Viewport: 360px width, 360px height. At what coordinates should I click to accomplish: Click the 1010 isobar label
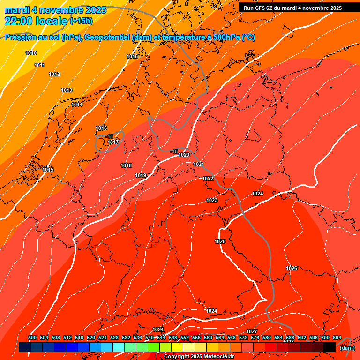click(x=31, y=53)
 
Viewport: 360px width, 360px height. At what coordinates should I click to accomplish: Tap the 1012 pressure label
click(x=54, y=75)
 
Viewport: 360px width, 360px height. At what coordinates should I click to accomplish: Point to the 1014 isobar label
click(x=77, y=105)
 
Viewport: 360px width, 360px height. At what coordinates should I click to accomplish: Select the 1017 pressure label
click(x=113, y=142)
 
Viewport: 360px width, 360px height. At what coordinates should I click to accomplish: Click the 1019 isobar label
click(x=141, y=175)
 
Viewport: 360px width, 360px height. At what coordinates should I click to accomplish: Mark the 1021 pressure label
click(x=199, y=164)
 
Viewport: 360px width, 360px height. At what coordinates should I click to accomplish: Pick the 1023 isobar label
click(x=212, y=200)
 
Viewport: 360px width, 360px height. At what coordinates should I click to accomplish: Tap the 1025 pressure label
click(x=220, y=241)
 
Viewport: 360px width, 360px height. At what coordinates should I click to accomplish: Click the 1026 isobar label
click(x=292, y=268)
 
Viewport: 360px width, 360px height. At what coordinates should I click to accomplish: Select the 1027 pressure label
click(x=252, y=331)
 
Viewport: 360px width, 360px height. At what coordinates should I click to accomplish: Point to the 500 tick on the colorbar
click(x=32, y=337)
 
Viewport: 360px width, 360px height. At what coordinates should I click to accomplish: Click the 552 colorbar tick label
click(x=185, y=337)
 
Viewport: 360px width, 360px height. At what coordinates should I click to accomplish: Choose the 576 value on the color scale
click(x=255, y=337)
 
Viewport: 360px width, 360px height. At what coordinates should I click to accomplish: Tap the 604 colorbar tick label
click(x=337, y=337)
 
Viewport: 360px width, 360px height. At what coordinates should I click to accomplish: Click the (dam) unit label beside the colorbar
click(x=347, y=348)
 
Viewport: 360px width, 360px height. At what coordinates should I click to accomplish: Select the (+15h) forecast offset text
click(x=81, y=21)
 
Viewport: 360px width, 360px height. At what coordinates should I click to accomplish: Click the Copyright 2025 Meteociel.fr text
click(x=198, y=357)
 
